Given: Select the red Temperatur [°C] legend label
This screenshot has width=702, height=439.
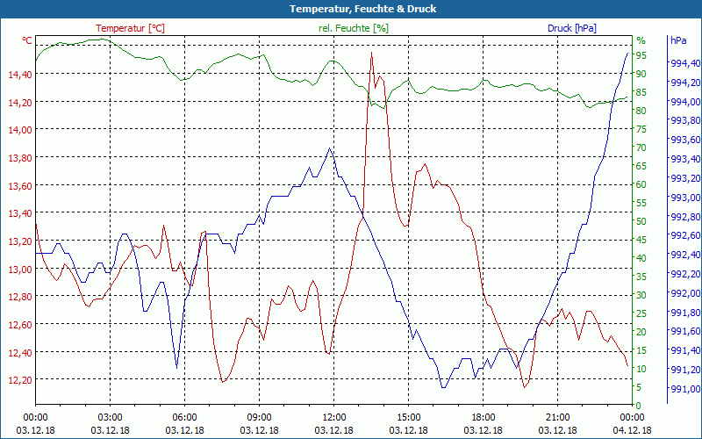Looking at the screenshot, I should click(129, 28).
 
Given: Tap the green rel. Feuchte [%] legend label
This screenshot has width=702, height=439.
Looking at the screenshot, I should click(353, 28).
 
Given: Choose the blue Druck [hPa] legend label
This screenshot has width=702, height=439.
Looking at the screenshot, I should click(571, 28).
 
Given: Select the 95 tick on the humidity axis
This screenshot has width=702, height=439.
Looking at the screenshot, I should click(641, 55).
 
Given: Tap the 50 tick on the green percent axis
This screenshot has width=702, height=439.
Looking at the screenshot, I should click(641, 221).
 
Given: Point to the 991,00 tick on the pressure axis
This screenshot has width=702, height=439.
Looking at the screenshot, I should click(684, 389).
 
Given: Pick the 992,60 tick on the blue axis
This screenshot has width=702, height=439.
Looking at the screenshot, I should click(684, 235).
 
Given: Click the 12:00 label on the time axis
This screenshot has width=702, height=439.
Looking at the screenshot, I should click(334, 417).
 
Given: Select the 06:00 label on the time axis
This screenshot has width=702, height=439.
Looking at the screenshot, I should click(184, 417).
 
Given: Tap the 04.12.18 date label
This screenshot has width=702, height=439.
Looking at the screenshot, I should click(633, 430).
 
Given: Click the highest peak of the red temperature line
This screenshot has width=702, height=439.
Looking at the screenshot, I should click(372, 54).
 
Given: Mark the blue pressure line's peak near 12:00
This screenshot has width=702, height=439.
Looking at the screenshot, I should click(330, 148).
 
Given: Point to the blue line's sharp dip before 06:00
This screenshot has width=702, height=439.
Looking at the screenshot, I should click(176, 367).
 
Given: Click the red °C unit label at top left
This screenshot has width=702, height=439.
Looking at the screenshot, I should click(27, 40).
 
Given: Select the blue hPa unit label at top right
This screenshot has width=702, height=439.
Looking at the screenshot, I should click(678, 40).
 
